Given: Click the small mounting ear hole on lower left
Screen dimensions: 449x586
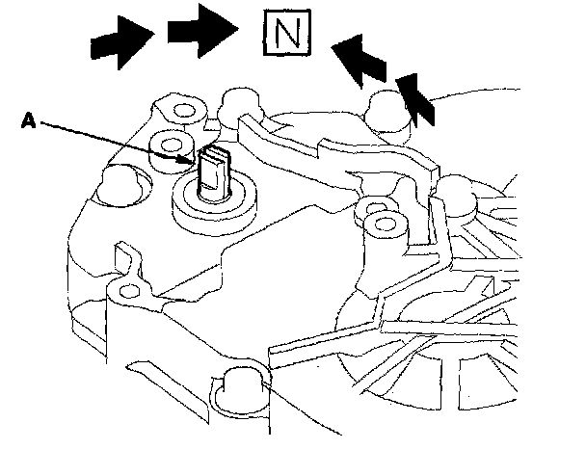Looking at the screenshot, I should [122, 288].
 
